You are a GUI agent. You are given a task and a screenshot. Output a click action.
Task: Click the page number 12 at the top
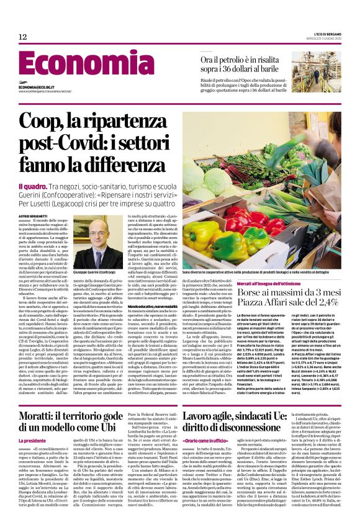point(22,37)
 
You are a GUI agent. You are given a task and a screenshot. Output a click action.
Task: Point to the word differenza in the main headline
point(124,164)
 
